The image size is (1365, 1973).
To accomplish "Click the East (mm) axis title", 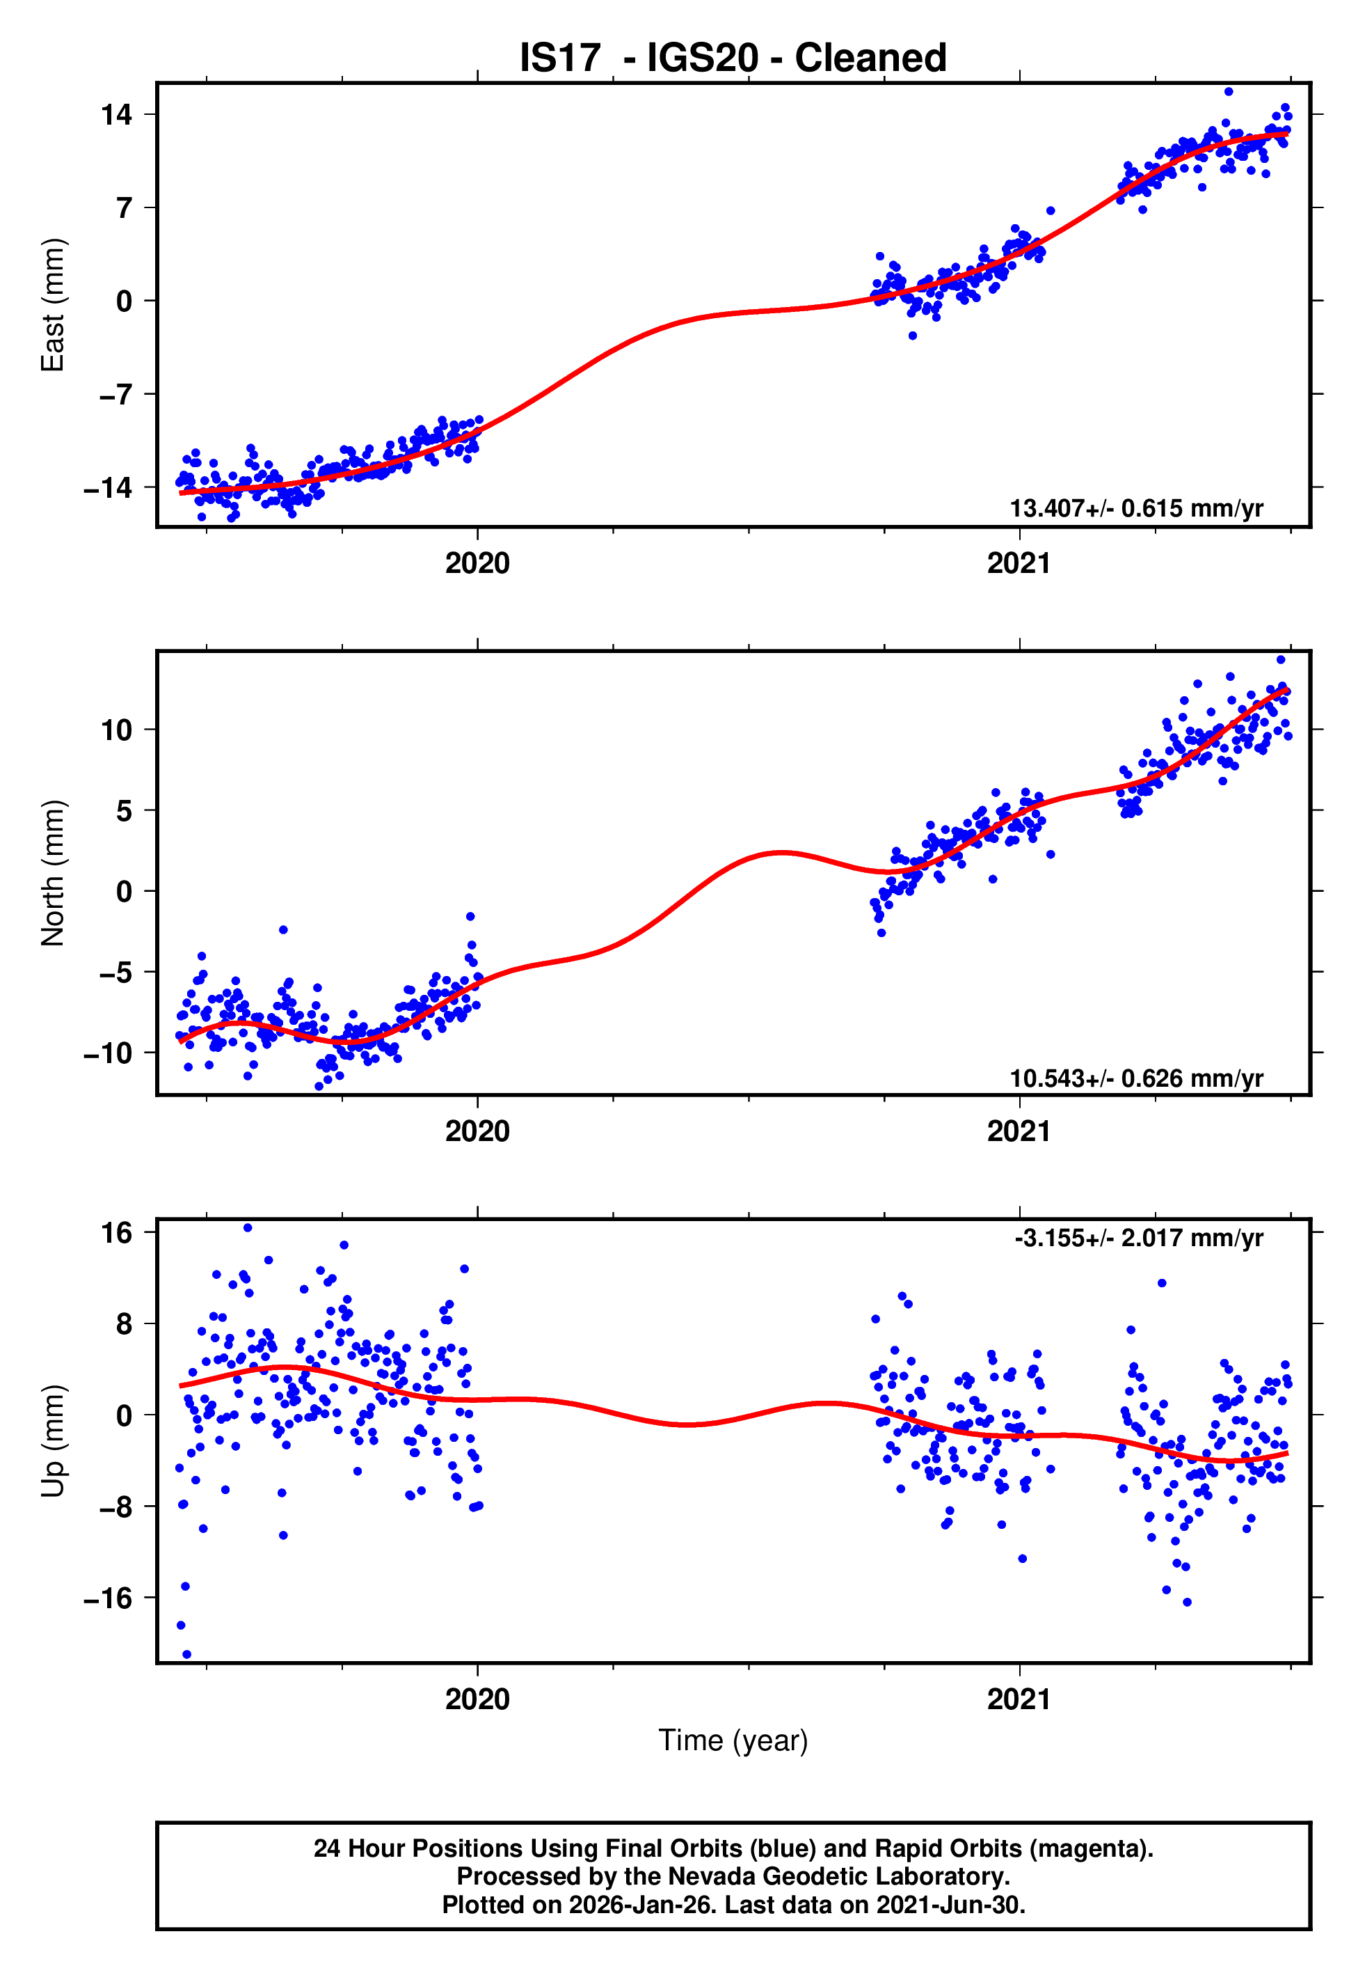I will pos(53,305).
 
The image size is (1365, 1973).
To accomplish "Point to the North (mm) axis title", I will pos(53,873).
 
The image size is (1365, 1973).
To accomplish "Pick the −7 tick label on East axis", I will pos(109,395).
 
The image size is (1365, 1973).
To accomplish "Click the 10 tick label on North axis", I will pos(117,730).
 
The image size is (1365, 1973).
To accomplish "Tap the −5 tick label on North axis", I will pos(109,973).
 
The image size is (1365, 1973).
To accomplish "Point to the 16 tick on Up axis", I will pos(117,1232).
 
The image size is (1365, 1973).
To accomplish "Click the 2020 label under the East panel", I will pos(477,564).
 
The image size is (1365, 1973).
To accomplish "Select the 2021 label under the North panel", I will pos(1019,1131).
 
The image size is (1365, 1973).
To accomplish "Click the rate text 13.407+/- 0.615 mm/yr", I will pos(1136,508).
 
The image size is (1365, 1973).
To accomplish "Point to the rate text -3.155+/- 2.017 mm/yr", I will pos(1138,1238).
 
